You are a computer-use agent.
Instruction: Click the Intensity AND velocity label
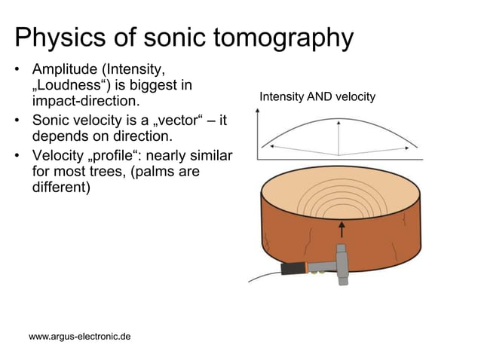point(317,97)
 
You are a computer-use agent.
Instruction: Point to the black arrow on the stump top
point(341,228)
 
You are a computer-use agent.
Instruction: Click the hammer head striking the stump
point(340,259)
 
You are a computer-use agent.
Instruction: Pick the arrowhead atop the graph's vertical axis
point(259,112)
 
